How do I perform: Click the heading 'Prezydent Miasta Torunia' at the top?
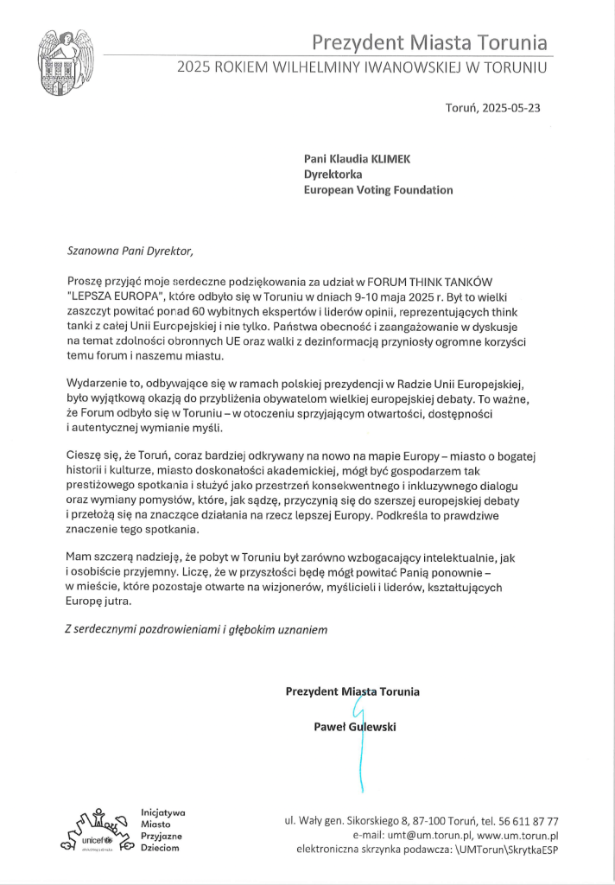pyautogui.click(x=429, y=41)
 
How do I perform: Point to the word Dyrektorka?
pyautogui.click(x=333, y=175)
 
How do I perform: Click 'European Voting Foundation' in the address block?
pyautogui.click(x=377, y=190)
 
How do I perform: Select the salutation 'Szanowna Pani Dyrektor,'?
pyautogui.click(x=126, y=251)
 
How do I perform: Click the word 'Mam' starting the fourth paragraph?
pyautogui.click(x=79, y=558)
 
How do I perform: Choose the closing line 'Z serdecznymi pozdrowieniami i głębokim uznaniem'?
pyautogui.click(x=197, y=630)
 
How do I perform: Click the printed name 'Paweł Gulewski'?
pyautogui.click(x=354, y=727)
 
